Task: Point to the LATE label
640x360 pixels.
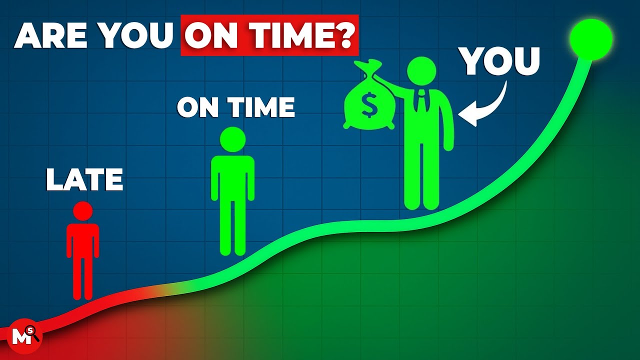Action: [84, 180]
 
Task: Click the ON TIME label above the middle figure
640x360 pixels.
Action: [236, 107]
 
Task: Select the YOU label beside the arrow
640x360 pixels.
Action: [500, 61]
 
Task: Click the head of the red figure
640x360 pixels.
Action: [82, 210]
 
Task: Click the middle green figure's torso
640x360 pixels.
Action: [232, 177]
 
